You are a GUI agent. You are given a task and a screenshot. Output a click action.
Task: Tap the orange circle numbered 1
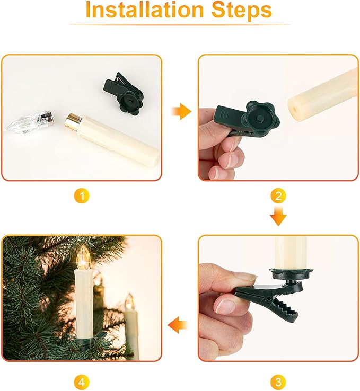pyautogui.click(x=81, y=197)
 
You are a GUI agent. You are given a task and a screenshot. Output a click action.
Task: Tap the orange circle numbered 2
pyautogui.click(x=278, y=197)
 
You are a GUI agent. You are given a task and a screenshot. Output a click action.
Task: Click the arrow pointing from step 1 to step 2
pyautogui.click(x=181, y=112)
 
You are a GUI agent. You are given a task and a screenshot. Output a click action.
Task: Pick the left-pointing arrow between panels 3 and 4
pyautogui.click(x=179, y=324)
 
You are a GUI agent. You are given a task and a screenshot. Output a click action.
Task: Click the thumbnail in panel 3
pyautogui.click(x=244, y=277)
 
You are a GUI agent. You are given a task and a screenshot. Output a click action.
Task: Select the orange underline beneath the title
pyautogui.click(x=180, y=25)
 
